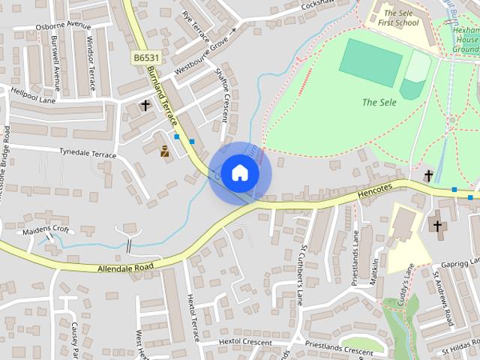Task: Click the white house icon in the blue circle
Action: pos(239,172)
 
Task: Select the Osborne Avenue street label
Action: pos(63,25)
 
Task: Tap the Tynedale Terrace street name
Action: pos(88,153)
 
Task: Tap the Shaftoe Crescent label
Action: pos(222,94)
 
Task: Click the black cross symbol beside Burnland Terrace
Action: pos(145,106)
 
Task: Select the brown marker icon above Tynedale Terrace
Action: pos(165,151)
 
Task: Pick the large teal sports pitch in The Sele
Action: pos(370,62)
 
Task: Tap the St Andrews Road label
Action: pos(442,298)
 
